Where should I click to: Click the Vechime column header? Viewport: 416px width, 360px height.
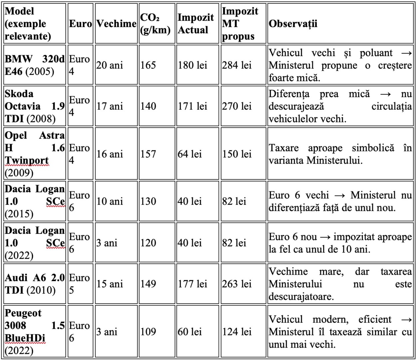tap(116, 24)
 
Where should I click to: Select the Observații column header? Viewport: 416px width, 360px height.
tap(293, 24)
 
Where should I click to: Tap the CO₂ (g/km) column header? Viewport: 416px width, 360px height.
tap(155, 24)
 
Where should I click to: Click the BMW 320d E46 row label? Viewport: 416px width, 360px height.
tap(35, 65)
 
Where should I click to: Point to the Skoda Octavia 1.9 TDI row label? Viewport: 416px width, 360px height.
tap(35, 106)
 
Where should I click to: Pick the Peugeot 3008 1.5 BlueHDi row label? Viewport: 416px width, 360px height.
tap(35, 332)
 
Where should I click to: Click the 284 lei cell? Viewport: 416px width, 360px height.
tap(237, 65)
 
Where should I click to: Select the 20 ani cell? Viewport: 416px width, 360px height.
tap(110, 65)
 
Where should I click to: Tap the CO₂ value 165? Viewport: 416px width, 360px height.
tap(148, 65)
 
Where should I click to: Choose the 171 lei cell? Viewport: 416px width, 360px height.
tap(192, 106)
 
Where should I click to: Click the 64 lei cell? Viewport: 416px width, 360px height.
tap(190, 154)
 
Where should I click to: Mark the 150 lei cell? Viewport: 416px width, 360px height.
tap(237, 154)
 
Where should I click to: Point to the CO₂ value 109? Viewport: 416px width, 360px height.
tap(148, 332)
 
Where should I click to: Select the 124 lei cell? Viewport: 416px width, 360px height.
tap(237, 332)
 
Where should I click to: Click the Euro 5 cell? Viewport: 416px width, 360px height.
tap(79, 284)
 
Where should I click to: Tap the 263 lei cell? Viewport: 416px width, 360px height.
tap(237, 284)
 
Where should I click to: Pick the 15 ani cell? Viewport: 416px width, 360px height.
tap(110, 284)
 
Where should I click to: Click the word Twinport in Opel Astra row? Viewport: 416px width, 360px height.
tap(27, 160)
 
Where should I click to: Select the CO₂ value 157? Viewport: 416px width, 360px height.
tap(148, 154)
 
